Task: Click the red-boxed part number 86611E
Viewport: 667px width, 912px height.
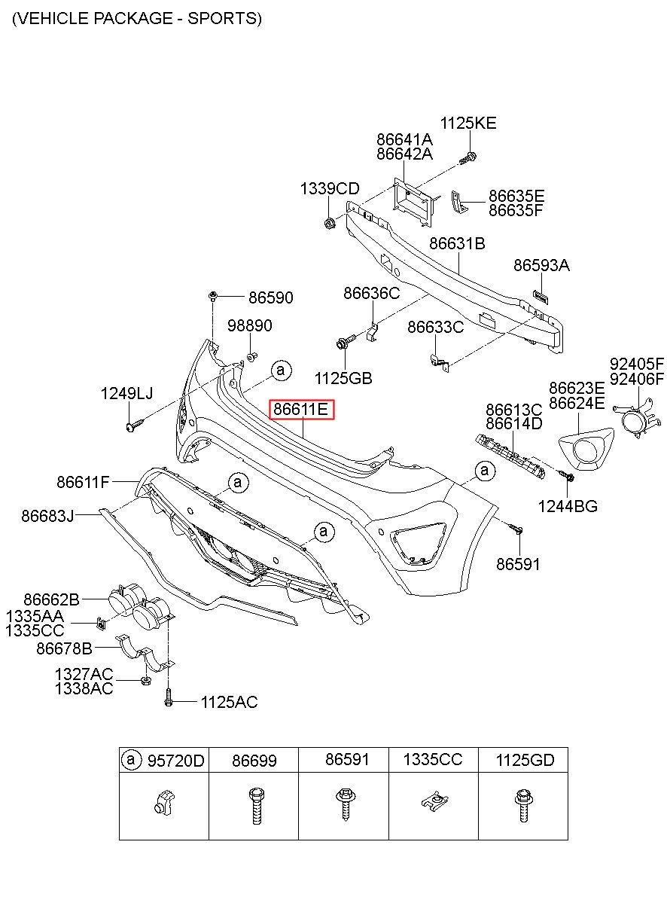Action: coord(300,409)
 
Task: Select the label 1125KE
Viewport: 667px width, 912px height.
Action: coord(468,123)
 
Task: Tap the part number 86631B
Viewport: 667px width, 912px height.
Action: coord(457,243)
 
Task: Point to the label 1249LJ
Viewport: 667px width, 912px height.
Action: coord(126,393)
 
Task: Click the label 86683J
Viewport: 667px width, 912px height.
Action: coord(47,516)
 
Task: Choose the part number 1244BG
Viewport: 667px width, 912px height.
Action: coord(568,507)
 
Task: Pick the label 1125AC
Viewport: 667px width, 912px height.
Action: coord(229,703)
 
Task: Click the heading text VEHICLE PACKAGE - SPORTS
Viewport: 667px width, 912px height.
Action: coord(138,19)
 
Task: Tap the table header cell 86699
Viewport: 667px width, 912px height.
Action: coord(254,761)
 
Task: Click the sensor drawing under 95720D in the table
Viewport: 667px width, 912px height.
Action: coord(164,803)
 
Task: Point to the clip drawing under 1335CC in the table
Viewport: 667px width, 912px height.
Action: coord(434,801)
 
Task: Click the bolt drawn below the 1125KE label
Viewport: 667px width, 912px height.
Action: coord(468,158)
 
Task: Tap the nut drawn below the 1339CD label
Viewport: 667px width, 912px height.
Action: coord(329,223)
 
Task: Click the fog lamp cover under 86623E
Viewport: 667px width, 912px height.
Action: coord(586,447)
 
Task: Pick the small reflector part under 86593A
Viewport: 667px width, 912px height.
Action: coord(541,296)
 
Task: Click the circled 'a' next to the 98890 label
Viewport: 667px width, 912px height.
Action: coord(281,371)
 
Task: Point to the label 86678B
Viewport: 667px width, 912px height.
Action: coord(64,648)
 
